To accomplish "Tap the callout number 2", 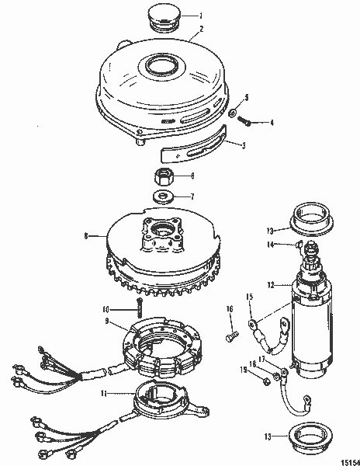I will click(x=201, y=29).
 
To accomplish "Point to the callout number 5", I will click(x=247, y=97).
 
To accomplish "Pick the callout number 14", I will click(x=271, y=245).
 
